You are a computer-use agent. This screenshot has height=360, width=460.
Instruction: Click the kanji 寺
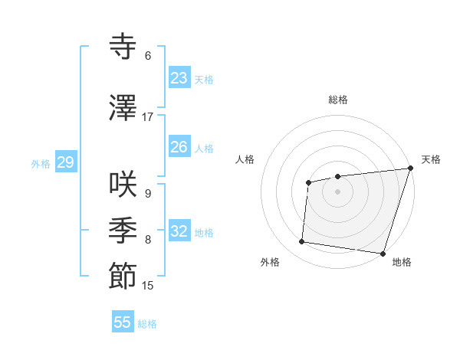click(x=123, y=47)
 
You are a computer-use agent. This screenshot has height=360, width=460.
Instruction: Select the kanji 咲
click(x=123, y=185)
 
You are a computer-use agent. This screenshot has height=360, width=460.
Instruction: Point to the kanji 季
click(x=123, y=230)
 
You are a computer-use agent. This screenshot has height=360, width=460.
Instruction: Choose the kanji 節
click(x=123, y=276)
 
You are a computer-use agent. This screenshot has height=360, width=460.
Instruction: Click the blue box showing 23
click(x=179, y=78)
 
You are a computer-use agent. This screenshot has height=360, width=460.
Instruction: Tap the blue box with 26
click(x=179, y=147)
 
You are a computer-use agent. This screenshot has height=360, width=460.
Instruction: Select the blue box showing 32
click(x=179, y=231)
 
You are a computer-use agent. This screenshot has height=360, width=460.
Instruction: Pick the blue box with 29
click(x=65, y=162)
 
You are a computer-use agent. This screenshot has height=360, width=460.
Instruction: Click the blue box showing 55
click(x=123, y=322)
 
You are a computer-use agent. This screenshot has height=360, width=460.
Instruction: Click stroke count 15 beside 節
click(x=148, y=286)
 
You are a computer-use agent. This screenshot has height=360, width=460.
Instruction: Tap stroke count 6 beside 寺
click(x=148, y=56)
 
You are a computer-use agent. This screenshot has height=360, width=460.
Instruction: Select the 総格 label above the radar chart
click(x=338, y=100)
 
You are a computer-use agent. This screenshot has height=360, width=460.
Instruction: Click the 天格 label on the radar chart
click(x=431, y=159)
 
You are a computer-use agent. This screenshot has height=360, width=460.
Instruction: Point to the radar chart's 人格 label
click(x=245, y=159)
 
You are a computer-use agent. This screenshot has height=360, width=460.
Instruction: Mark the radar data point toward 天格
click(x=410, y=169)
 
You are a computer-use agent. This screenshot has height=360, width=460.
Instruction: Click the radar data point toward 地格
click(x=383, y=253)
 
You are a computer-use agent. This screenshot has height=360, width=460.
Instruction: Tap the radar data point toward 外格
click(x=302, y=242)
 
